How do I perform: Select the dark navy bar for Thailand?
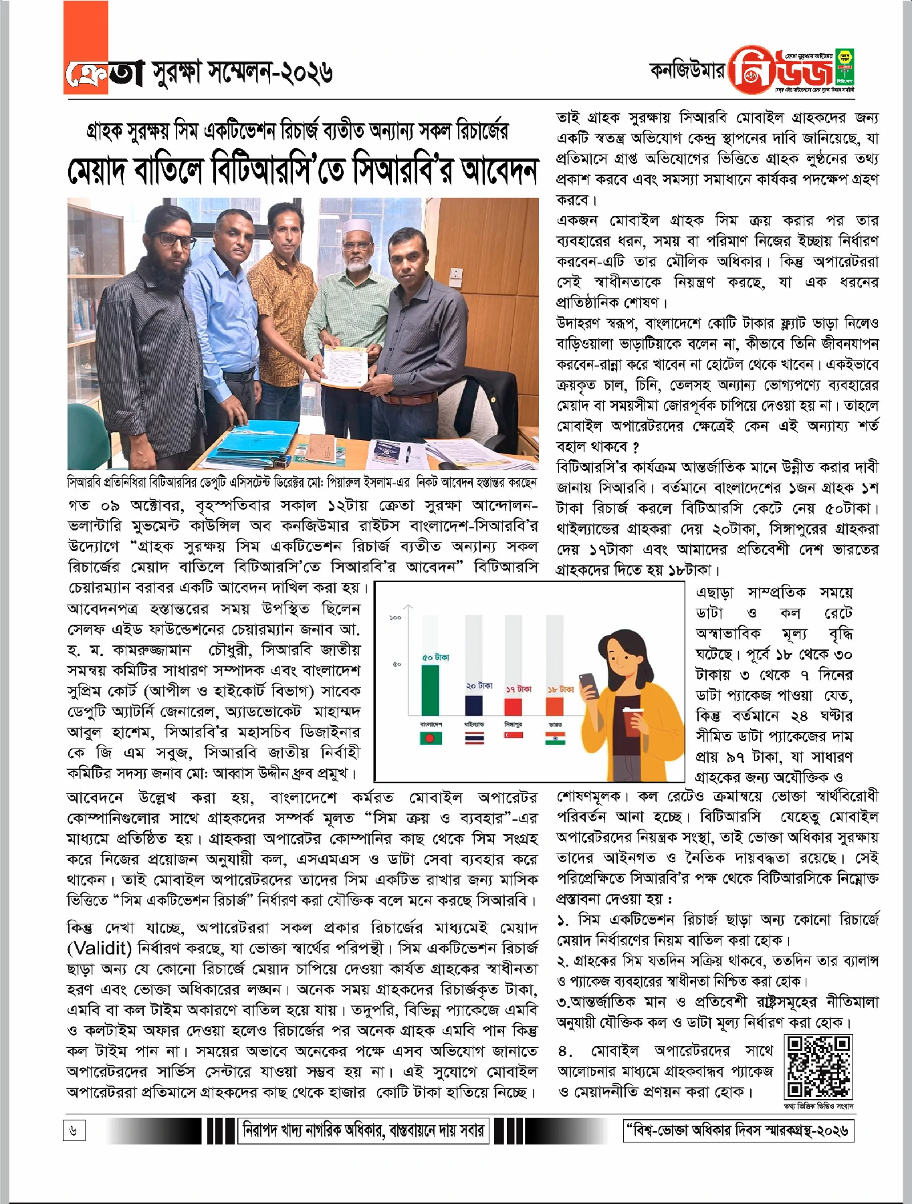point(473,705)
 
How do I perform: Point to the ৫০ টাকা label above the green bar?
point(435,658)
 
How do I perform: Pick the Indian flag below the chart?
point(555,738)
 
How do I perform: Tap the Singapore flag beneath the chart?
point(514,736)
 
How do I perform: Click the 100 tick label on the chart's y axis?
point(394,617)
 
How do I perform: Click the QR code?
point(819,1067)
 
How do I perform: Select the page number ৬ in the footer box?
point(74,1131)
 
